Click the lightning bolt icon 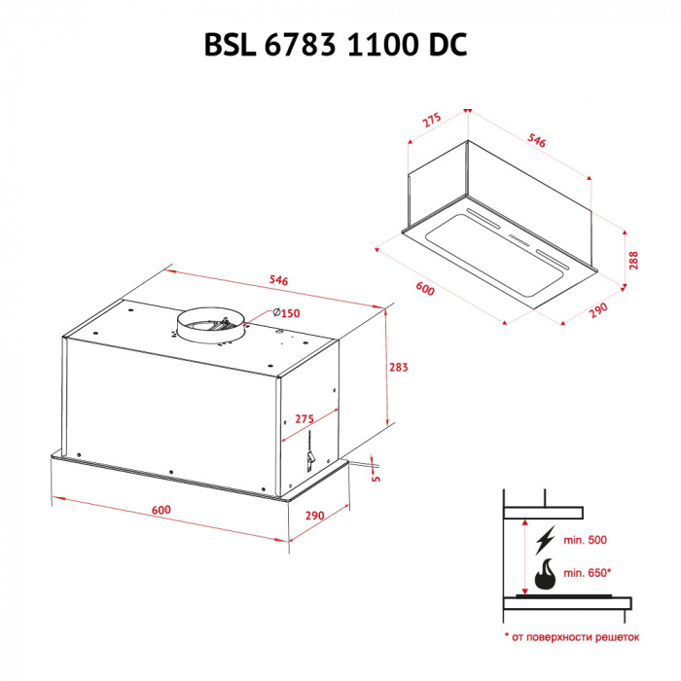coord(547,539)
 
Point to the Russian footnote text coord(572,637)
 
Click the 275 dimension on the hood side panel coord(304,418)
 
